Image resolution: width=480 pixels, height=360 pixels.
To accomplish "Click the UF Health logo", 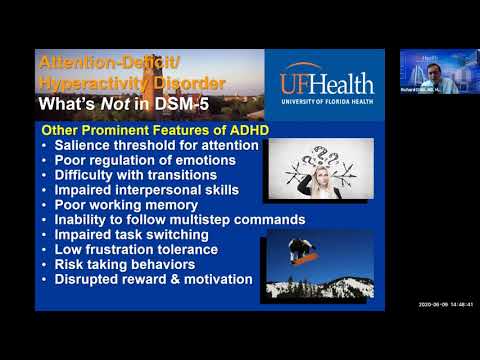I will tap(325, 84).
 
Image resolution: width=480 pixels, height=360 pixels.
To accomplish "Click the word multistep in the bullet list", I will tap(196, 220).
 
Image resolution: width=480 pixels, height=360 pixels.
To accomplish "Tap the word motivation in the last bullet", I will tap(213, 280).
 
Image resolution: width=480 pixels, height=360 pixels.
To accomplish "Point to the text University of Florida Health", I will tap(325, 99).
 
